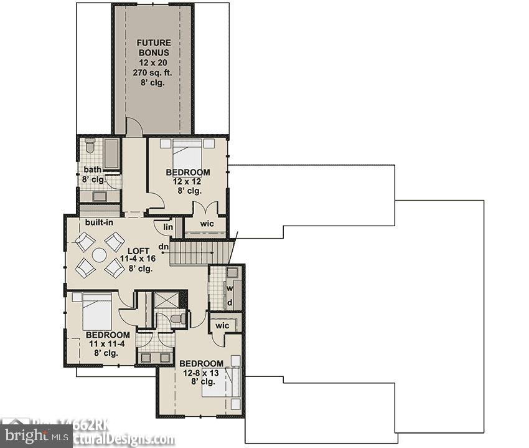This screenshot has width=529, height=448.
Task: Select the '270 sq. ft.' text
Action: tap(152, 72)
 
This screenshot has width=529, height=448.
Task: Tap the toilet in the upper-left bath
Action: tap(90, 147)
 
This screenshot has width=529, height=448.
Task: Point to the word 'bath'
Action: tap(93, 169)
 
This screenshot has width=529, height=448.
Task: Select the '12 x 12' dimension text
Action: tap(187, 181)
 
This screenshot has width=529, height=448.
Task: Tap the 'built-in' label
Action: tap(99, 222)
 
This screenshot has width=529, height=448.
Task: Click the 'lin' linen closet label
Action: tap(168, 227)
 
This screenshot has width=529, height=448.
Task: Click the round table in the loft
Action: tap(100, 255)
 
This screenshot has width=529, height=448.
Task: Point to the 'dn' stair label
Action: tap(164, 247)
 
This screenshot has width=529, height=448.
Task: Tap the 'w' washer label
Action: tap(230, 288)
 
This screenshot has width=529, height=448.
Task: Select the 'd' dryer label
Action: tap(230, 303)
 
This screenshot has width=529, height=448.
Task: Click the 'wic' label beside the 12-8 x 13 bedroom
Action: tap(222, 326)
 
